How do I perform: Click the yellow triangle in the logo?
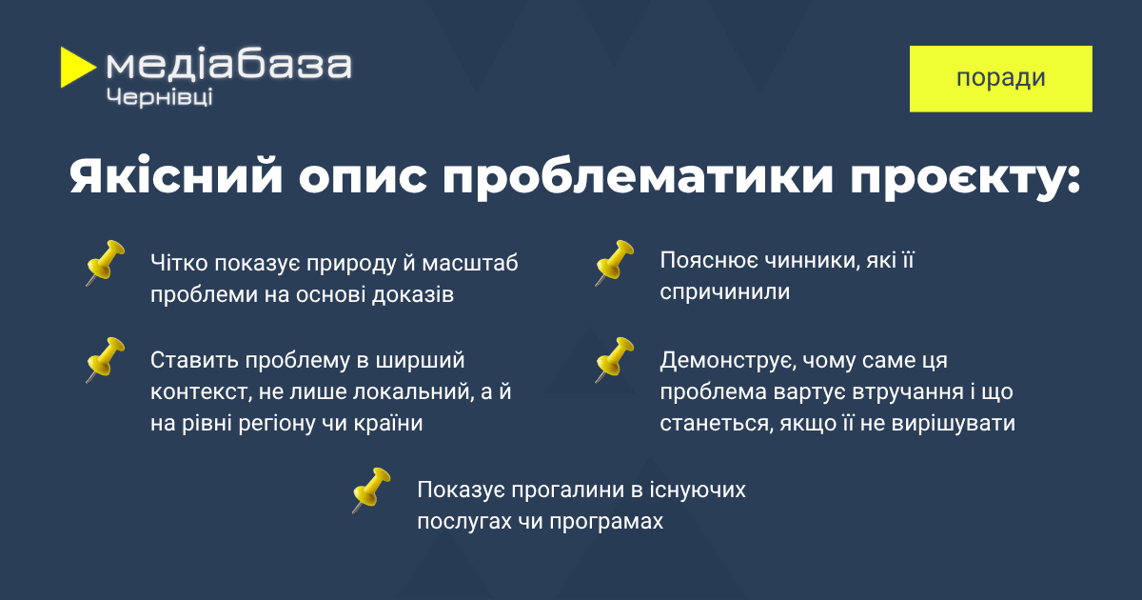(x=76, y=68)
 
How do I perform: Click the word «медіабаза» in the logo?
(x=229, y=65)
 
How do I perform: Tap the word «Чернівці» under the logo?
(x=159, y=97)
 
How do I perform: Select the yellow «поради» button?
(x=1001, y=78)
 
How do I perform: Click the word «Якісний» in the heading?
(x=176, y=177)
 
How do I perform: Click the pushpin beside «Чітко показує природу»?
(x=105, y=263)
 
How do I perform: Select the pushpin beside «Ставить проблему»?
(x=105, y=360)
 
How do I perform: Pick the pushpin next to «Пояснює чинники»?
(x=615, y=263)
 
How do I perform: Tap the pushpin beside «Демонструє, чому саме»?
(x=615, y=360)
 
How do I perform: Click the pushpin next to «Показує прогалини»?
(x=371, y=490)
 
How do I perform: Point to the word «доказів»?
(x=413, y=295)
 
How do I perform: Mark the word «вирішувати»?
(x=954, y=424)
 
